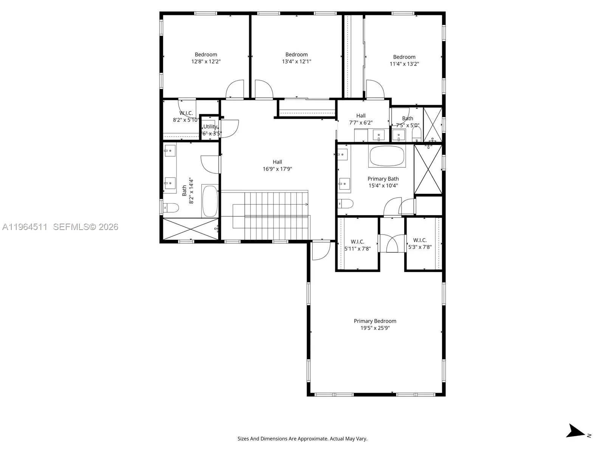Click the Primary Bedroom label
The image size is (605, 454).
pyautogui.click(x=375, y=321)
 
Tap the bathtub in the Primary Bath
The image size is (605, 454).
pyautogui.click(x=387, y=156)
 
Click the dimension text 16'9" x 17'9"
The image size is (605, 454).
pyautogui.click(x=277, y=169)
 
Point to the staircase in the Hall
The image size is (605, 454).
pyautogui.click(x=271, y=215)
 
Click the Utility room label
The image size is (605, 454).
pyautogui.click(x=210, y=127)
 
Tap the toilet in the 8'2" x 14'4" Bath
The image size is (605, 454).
pyautogui.click(x=171, y=207)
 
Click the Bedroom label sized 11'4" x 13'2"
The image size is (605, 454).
pyautogui.click(x=404, y=57)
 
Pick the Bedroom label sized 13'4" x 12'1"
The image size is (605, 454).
pyautogui.click(x=296, y=54)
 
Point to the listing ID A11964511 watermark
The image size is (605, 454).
pyautogui.click(x=25, y=227)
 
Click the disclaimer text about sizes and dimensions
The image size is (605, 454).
pyautogui.click(x=302, y=439)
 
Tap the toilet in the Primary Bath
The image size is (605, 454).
pyautogui.click(x=345, y=204)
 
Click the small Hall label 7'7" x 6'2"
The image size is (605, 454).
pyautogui.click(x=360, y=116)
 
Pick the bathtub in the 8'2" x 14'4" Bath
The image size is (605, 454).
pyautogui.click(x=210, y=201)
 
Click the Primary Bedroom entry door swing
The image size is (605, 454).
pyautogui.click(x=321, y=251)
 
